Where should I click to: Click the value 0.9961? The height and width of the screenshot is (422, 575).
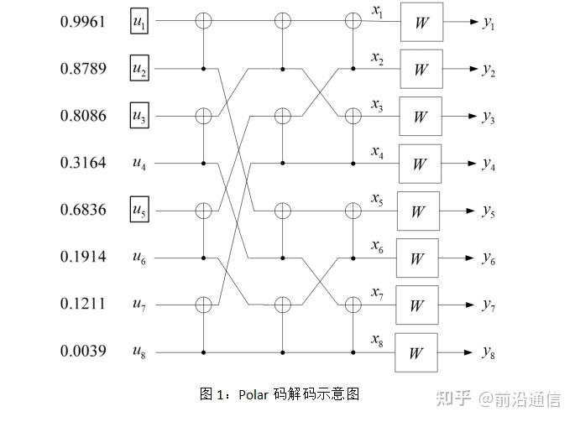[82, 21]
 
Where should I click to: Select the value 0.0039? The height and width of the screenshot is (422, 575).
[82, 352]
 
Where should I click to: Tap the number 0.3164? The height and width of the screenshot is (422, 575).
[82, 163]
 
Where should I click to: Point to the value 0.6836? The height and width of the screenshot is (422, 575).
[82, 210]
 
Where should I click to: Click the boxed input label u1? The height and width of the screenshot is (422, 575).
[139, 22]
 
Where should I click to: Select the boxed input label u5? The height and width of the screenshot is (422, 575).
[139, 211]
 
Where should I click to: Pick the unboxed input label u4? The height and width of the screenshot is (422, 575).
[139, 164]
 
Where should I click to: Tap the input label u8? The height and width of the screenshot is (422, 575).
[139, 352]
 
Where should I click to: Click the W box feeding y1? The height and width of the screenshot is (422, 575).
[421, 22]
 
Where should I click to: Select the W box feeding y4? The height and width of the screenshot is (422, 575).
[420, 164]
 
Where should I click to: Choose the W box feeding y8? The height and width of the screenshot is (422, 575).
[416, 352]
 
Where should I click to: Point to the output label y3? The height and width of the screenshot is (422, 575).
[488, 117]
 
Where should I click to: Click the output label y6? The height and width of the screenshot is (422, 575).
[488, 259]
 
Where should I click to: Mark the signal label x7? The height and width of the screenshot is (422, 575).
[378, 293]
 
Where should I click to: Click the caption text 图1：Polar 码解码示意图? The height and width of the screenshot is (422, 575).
[279, 393]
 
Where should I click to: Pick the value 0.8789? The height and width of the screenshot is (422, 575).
[82, 69]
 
